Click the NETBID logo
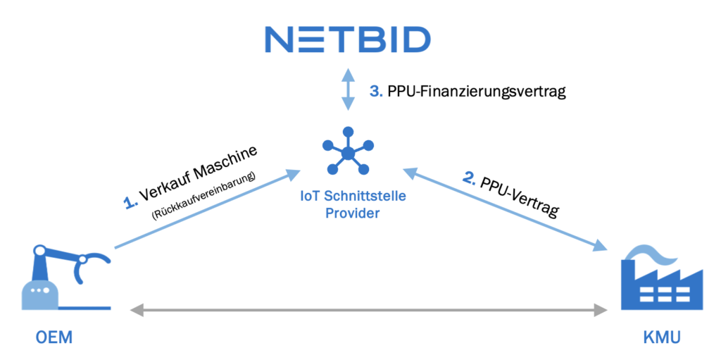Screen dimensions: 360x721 click(347, 39)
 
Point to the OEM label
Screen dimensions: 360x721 click(54, 340)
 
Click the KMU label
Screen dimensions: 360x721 click(661, 340)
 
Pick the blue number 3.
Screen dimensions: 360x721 click(376, 92)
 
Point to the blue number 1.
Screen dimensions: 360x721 click(129, 204)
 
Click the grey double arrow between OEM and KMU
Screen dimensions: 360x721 click(370, 309)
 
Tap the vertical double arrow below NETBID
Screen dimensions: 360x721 click(347, 89)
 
